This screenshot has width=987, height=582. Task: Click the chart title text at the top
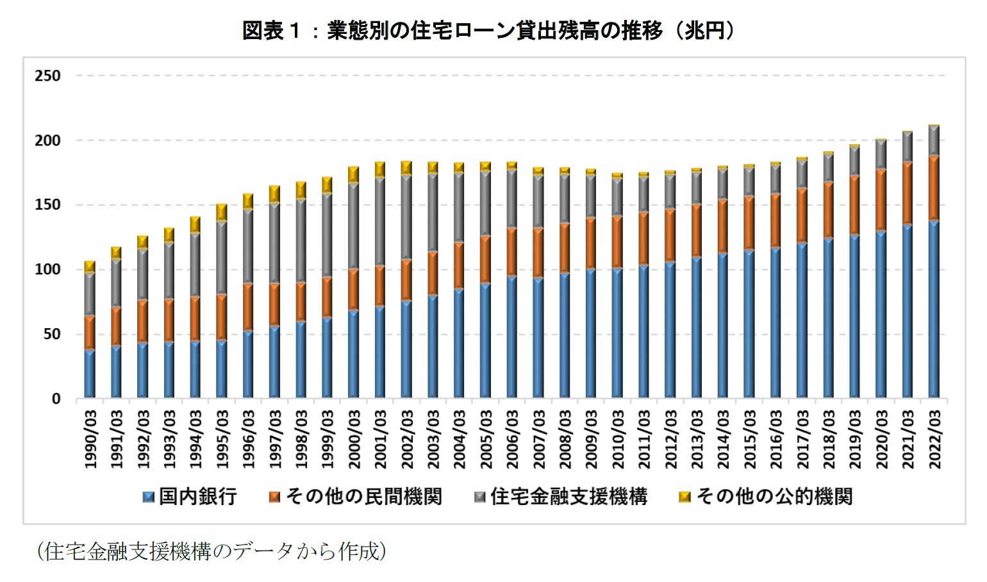488,30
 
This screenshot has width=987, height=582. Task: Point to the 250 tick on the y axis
48,76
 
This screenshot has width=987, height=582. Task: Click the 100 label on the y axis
48,269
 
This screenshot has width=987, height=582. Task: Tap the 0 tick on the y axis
56,399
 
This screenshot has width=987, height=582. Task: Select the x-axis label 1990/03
90,439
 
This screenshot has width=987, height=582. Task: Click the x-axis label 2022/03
934,439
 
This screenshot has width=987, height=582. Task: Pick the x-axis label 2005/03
486,439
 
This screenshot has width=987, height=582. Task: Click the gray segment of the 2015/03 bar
749,181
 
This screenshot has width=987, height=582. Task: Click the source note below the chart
212,551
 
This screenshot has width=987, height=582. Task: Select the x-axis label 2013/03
697,439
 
